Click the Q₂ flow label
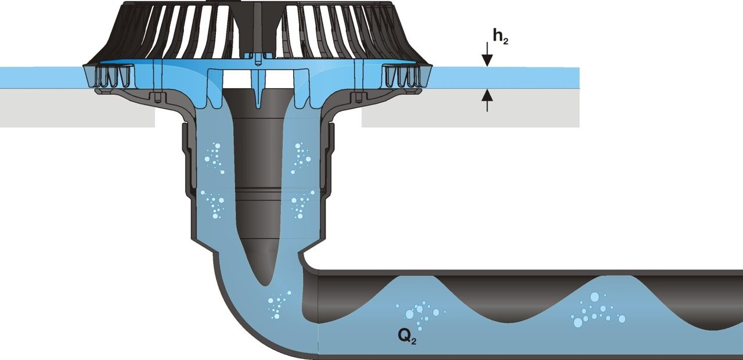pyautogui.click(x=407, y=335)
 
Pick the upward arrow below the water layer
pyautogui.click(x=487, y=100)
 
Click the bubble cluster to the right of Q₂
pyautogui.click(x=419, y=312)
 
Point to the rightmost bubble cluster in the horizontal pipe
pyautogui.click(x=598, y=311)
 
